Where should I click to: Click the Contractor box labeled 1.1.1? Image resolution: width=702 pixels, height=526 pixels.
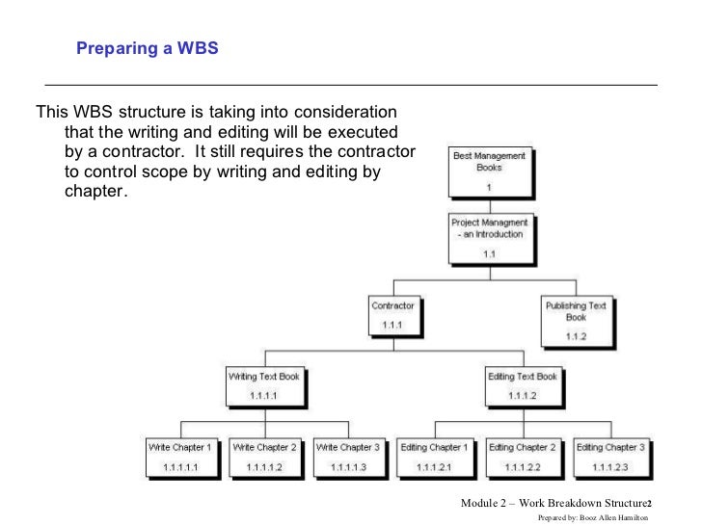click(392, 317)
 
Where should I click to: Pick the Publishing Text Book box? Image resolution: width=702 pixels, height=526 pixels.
click(575, 322)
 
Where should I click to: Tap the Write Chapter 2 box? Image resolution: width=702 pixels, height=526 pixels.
click(265, 457)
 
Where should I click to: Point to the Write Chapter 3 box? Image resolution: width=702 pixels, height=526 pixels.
click(348, 457)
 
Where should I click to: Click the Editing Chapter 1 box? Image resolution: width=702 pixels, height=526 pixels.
click(435, 457)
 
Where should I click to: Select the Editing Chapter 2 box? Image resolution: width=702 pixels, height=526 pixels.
click(522, 457)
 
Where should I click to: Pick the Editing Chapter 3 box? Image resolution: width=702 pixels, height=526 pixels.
click(611, 457)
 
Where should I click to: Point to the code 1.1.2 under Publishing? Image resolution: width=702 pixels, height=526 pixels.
click(575, 337)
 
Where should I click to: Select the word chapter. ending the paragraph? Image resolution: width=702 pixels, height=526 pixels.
click(94, 190)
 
